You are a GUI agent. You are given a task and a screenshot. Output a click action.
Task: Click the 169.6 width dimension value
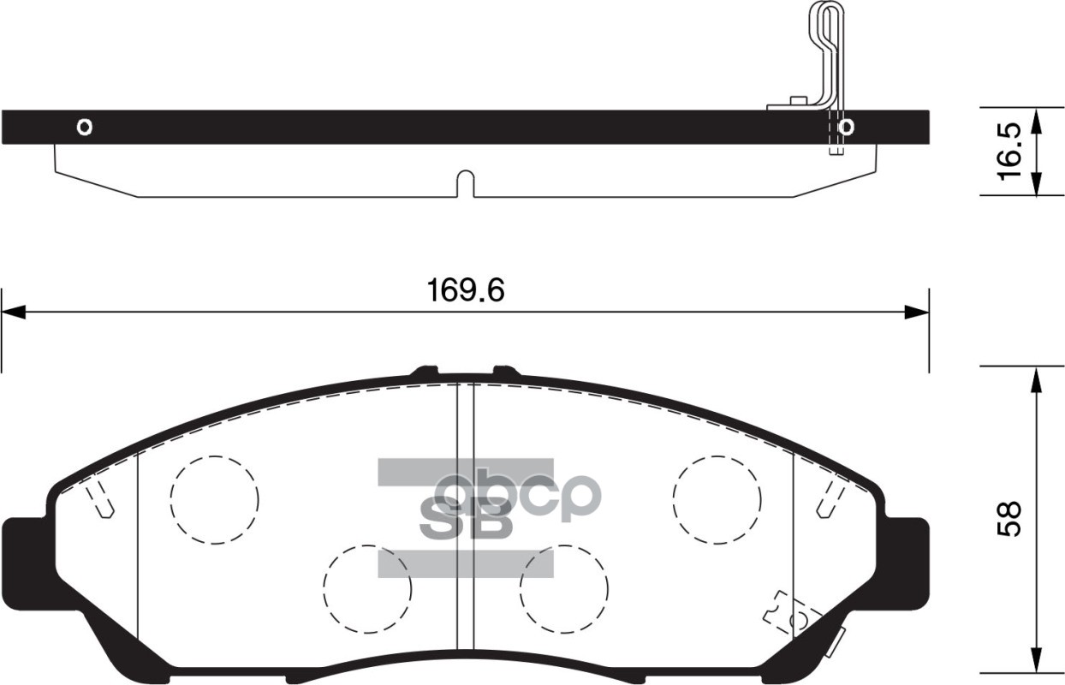[466, 291]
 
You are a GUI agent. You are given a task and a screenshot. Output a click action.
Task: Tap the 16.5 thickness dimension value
[1010, 152]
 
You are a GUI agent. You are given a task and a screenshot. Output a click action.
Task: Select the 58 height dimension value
[1010, 518]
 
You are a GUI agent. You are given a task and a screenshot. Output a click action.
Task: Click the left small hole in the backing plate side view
[84, 127]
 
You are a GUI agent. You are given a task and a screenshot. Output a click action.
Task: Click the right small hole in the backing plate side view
[846, 128]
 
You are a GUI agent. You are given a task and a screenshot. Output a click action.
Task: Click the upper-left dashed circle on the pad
[213, 498]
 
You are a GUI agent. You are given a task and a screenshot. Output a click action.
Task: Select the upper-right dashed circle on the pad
[717, 498]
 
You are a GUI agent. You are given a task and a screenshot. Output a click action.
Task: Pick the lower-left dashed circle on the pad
[367, 587]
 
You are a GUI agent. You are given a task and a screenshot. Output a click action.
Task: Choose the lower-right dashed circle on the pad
[564, 587]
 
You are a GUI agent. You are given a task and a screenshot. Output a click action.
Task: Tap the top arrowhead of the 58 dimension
[1036, 377]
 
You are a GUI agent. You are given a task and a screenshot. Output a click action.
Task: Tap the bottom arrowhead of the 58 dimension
[1036, 664]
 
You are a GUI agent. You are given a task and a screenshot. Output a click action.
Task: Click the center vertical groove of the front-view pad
[465, 522]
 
